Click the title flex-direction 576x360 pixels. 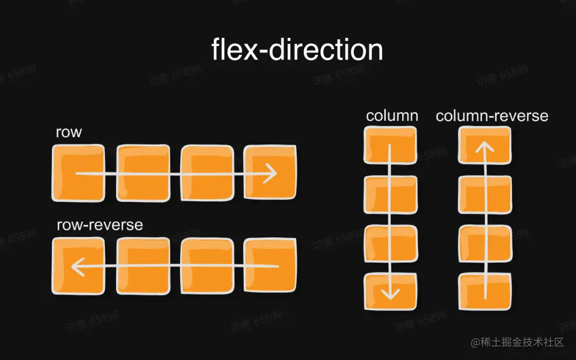pos(297,50)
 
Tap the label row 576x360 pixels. pos(69,132)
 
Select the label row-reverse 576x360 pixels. pos(100,225)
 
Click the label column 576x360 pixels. pos(392,116)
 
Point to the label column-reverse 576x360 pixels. pos(492,116)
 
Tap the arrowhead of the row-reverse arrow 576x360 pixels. pos(75,267)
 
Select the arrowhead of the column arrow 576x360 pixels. pos(391,292)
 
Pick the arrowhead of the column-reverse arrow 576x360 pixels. pos(484,145)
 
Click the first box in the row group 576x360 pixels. pos(78,173)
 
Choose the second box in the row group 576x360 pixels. pos(143,173)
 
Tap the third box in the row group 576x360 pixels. pos(207,173)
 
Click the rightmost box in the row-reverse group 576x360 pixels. pos(270,266)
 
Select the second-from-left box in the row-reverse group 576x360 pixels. pos(143,266)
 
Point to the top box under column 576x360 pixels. pos(390,145)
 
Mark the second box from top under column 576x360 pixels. pos(391,194)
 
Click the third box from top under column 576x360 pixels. pos(391,243)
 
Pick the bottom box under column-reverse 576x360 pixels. pos(485,291)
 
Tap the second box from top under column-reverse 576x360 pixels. pos(485,194)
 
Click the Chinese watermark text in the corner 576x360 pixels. pos(518,342)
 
